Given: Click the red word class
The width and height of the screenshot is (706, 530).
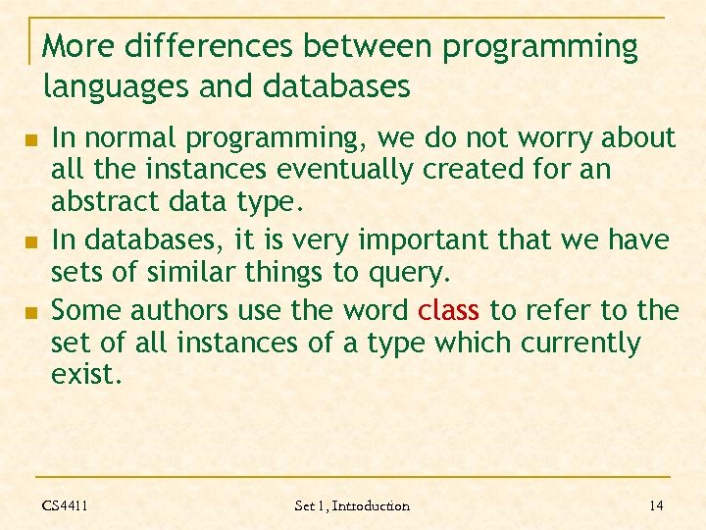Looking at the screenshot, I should point(448,311).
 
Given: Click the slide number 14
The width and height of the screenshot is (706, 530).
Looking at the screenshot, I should point(656,505).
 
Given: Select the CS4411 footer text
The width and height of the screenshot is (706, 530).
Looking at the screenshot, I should point(65,505).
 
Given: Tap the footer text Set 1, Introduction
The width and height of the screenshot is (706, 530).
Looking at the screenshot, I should point(352,505).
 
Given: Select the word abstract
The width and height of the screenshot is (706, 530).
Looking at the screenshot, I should point(97,201).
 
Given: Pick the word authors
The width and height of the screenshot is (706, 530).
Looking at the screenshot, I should point(176,311).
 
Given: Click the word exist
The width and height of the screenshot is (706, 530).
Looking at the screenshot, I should point(86,375).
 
